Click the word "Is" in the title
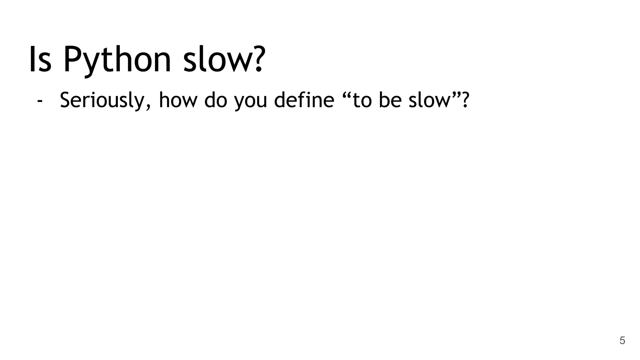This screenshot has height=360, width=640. click(x=40, y=59)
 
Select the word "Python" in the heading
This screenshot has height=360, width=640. click(x=117, y=60)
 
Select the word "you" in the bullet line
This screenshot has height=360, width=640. click(x=251, y=102)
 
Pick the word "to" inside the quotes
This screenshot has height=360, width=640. click(x=362, y=101)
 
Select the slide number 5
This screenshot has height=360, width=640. click(x=622, y=341)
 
